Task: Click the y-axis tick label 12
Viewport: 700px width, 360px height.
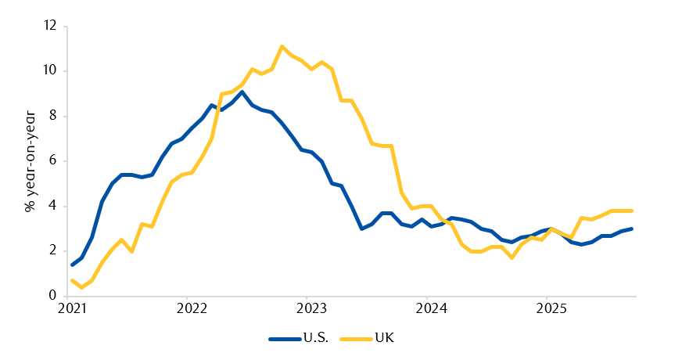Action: [x=51, y=26]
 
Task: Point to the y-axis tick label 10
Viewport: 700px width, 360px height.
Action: [x=51, y=71]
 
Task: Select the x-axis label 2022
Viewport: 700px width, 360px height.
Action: [x=191, y=308]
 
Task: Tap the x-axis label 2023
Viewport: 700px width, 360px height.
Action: [x=311, y=308]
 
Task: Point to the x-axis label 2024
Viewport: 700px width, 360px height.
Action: [x=431, y=308]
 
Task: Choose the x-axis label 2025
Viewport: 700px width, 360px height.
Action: [x=551, y=308]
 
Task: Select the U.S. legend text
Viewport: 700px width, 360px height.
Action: [x=321, y=339]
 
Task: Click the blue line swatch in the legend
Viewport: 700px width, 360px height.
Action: [x=284, y=339]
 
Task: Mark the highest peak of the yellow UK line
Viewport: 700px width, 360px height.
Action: [x=282, y=46]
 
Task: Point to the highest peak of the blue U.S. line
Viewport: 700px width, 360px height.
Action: [x=242, y=92]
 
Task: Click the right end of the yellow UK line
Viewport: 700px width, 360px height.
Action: [x=632, y=211]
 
